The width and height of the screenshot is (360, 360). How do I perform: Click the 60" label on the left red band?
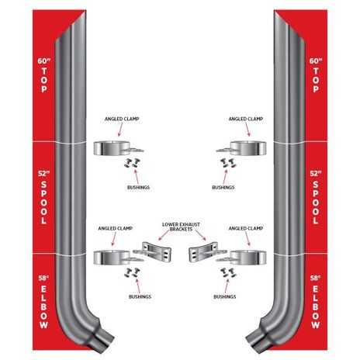[44, 61]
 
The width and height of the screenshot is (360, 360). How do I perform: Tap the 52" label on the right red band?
[316, 174]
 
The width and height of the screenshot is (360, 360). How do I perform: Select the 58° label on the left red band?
[43, 278]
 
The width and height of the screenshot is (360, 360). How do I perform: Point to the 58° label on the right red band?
[316, 278]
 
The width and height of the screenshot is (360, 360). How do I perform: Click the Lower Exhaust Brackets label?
[181, 227]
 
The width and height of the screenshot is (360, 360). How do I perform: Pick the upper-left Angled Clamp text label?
[122, 119]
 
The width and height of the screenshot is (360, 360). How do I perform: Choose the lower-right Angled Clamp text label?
[246, 228]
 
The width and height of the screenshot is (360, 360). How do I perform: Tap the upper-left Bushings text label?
[138, 187]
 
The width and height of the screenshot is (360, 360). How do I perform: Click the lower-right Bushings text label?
[225, 296]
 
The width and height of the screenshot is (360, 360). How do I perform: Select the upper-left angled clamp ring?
[112, 148]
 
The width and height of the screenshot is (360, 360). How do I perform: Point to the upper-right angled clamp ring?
[248, 148]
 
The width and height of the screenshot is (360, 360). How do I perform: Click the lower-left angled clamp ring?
[112, 258]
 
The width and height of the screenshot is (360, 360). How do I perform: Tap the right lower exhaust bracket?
[204, 252]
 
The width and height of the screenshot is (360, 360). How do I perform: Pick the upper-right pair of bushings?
[227, 163]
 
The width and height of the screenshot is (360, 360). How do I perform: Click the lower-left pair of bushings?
[132, 272]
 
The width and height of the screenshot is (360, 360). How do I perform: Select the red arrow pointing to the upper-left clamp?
[121, 130]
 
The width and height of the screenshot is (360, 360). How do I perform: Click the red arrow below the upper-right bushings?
[225, 175]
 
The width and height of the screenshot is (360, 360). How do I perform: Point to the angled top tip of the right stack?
[275, 12]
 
